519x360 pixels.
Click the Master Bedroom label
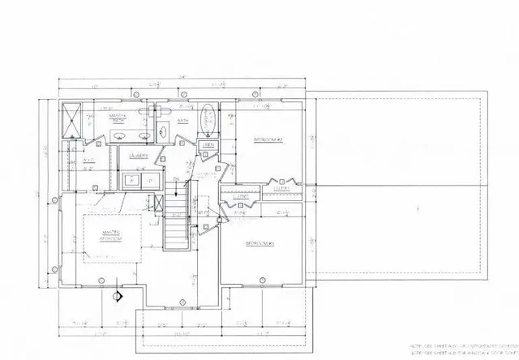pyautogui.click(x=110, y=236)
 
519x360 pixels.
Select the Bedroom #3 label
pyautogui.click(x=262, y=243)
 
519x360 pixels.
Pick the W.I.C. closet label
pyautogui.click(x=90, y=160)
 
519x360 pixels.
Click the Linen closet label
pyautogui.click(x=208, y=145)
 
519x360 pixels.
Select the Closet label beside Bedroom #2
pyautogui.click(x=240, y=195)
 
